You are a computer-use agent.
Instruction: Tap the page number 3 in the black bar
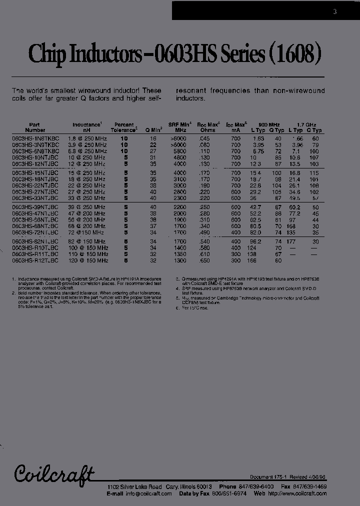click(x=335, y=11)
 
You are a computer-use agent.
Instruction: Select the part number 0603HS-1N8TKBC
click(x=34, y=138)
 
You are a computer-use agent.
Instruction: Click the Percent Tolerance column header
click(x=124, y=127)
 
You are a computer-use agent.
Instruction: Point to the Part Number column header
click(x=34, y=127)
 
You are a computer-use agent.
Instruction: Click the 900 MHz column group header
click(x=269, y=124)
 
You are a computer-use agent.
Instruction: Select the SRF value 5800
click(x=180, y=151)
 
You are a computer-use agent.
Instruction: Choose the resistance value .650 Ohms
click(x=203, y=260)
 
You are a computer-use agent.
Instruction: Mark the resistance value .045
click(x=203, y=138)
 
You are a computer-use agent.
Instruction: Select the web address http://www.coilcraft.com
click(x=296, y=493)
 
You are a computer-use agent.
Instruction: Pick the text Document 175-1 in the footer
click(x=267, y=477)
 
